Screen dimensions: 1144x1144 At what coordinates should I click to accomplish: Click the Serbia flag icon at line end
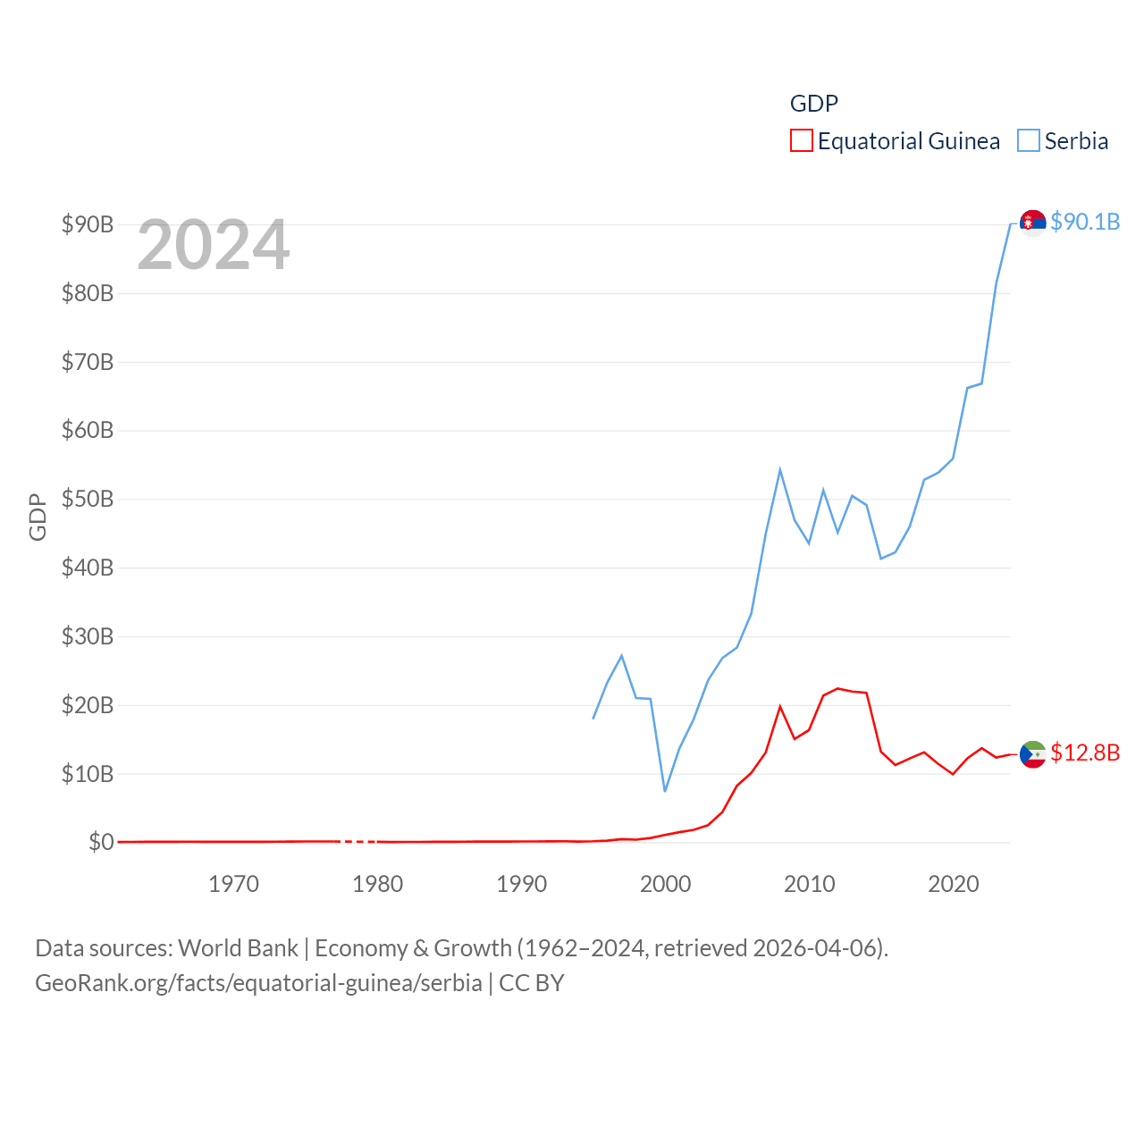(1032, 222)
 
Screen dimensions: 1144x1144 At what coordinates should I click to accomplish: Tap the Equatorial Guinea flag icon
(1032, 754)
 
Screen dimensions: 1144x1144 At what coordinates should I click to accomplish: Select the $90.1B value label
(1085, 222)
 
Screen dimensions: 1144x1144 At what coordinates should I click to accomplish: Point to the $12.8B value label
(1085, 753)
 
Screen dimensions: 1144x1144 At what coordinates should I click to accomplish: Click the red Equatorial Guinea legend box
(802, 141)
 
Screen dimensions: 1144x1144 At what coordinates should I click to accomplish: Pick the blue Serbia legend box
(1029, 141)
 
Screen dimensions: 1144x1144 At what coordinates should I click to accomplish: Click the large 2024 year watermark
(214, 245)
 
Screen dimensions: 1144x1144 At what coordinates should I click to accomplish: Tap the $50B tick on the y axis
(88, 499)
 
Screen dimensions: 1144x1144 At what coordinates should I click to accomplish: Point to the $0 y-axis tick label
(101, 842)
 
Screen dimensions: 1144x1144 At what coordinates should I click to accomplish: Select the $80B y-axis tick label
(88, 293)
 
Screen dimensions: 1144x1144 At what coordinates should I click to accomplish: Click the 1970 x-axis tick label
(233, 884)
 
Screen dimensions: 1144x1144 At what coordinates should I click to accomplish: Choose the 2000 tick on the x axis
(665, 884)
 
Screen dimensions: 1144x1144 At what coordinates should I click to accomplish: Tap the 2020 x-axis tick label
(954, 884)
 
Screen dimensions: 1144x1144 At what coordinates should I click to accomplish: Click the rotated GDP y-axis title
(38, 517)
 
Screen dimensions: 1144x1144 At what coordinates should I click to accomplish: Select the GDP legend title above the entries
(814, 104)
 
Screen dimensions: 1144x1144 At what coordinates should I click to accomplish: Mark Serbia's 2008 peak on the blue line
(780, 470)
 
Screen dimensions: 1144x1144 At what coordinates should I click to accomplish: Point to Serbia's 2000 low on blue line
(665, 790)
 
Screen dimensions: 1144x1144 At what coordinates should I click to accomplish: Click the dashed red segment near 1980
(360, 842)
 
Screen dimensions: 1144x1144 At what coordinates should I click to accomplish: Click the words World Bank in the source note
(238, 947)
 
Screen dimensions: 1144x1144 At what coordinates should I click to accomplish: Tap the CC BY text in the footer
(531, 983)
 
